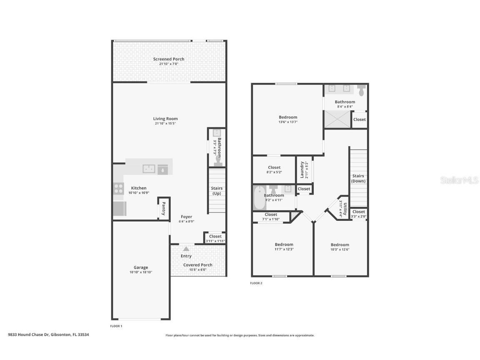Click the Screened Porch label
[168, 59]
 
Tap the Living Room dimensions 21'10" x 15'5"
[165, 124]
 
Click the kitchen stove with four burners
[118, 189]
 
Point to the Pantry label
[163, 208]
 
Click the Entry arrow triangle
[186, 249]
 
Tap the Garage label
[141, 267]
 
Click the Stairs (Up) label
[217, 191]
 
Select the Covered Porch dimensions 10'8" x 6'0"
[198, 270]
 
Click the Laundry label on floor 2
[301, 170]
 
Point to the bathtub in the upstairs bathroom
[259, 198]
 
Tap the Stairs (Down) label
[358, 178]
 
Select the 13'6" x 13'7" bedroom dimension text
[288, 122]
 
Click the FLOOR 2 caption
[256, 283]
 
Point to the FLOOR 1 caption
[116, 326]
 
